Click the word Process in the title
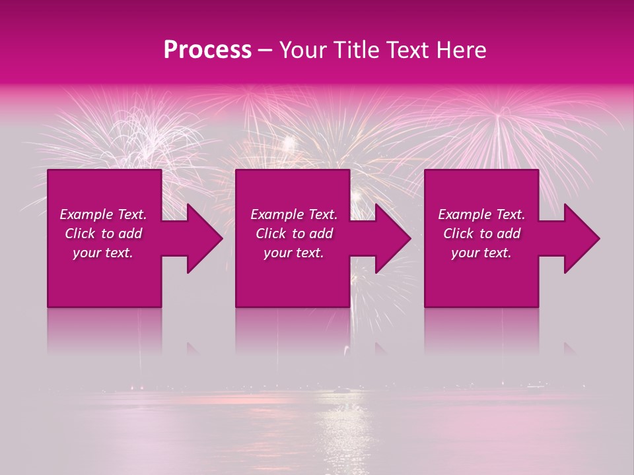click(207, 50)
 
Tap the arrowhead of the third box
click(581, 238)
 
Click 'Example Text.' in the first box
click(103, 214)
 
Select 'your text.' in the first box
click(103, 253)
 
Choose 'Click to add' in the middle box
click(294, 234)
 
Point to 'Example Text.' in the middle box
click(294, 214)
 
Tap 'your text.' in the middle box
click(294, 253)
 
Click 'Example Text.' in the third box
click(481, 214)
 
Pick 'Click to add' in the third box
click(481, 234)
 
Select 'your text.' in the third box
click(481, 253)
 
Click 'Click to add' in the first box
click(103, 234)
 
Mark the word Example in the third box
click(465, 214)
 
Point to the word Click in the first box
click(80, 234)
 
